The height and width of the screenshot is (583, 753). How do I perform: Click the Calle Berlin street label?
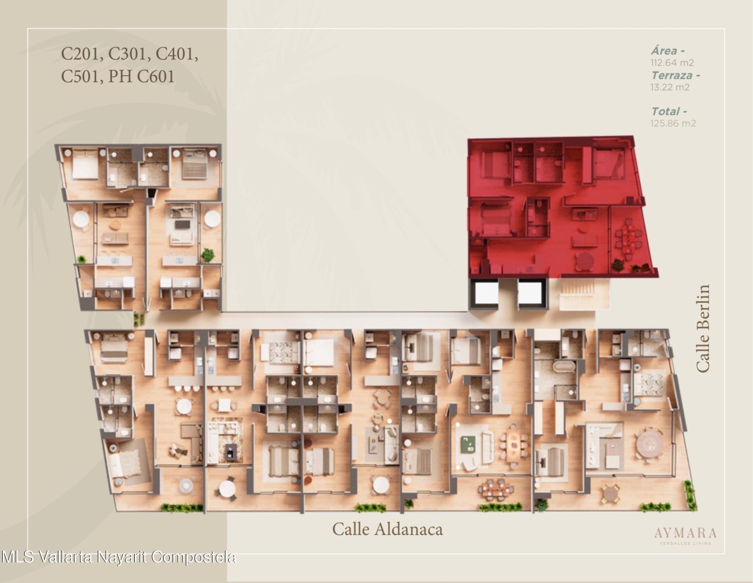[x=703, y=328]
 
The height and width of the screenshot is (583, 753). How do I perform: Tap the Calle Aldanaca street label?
[x=387, y=529]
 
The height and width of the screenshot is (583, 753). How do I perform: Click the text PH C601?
[x=141, y=76]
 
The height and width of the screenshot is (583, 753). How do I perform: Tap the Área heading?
[x=668, y=51]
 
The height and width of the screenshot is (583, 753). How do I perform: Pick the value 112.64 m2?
[x=672, y=63]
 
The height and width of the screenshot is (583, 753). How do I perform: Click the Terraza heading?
[x=675, y=75]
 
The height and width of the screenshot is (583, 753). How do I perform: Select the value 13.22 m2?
[x=670, y=87]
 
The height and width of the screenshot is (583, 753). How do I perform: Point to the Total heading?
[x=669, y=111]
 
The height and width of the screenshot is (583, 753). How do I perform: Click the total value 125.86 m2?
[x=673, y=123]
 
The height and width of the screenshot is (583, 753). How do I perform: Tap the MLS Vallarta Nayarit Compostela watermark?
[x=119, y=557]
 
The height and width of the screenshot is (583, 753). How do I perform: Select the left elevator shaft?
[x=486, y=294]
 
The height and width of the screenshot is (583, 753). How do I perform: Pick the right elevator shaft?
[x=531, y=294]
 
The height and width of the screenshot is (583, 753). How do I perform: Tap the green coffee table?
[x=469, y=444]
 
